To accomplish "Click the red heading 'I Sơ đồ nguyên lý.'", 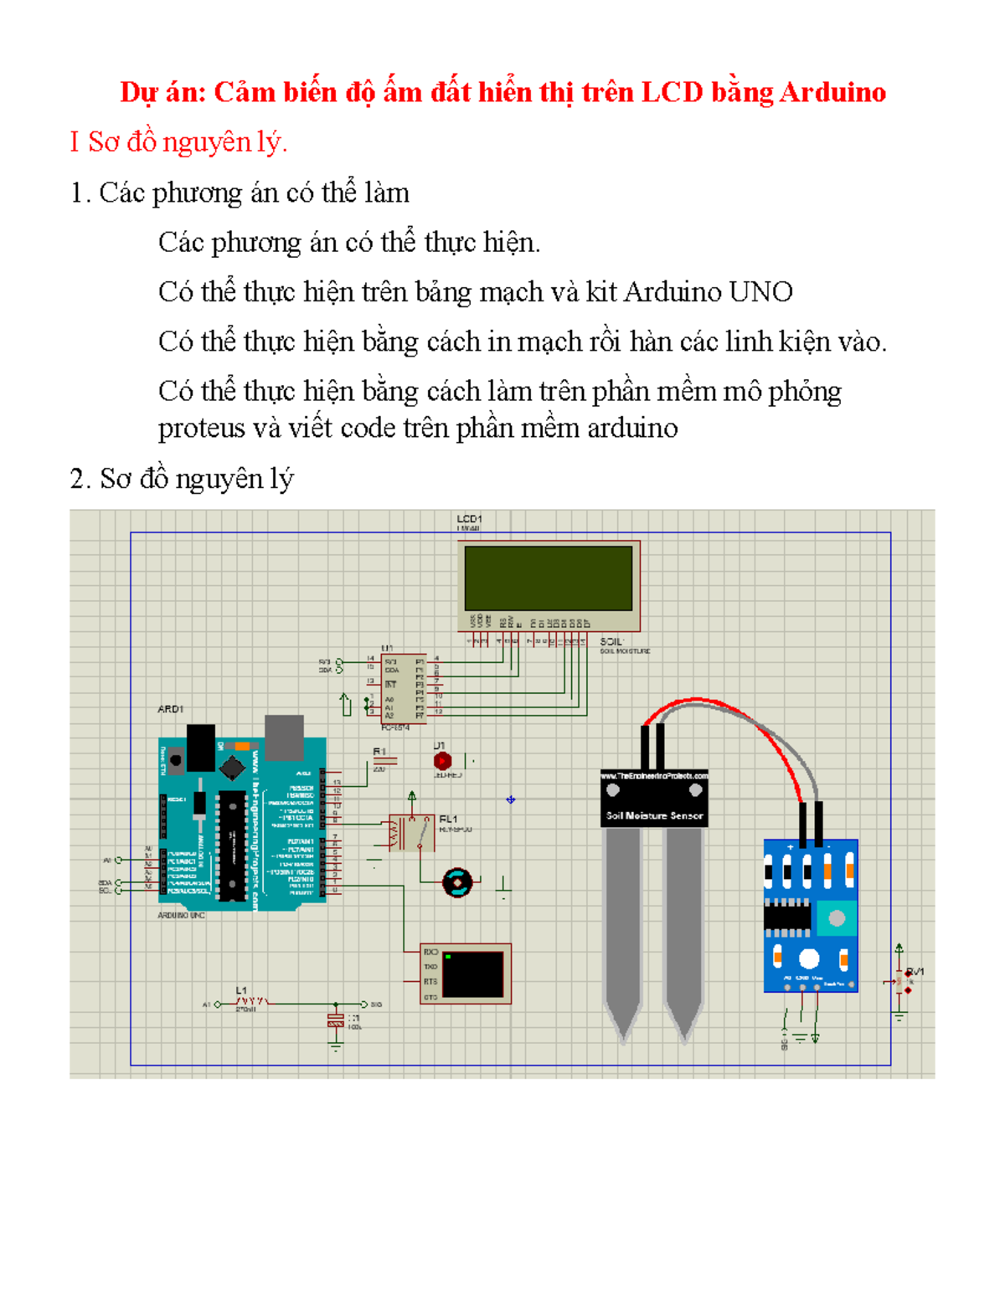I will [178, 142].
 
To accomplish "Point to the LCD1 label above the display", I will [469, 519].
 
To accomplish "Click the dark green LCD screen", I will [549, 578].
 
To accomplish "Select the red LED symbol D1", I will [442, 761].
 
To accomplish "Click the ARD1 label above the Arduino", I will [170, 709].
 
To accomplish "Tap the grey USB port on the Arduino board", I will [284, 737].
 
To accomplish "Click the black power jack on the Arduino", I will [201, 747].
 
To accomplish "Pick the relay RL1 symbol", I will [410, 833].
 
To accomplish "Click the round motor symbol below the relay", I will [457, 881].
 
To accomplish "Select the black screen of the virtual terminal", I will [472, 974].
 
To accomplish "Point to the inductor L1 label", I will [241, 990].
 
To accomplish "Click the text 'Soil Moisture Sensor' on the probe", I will [654, 815].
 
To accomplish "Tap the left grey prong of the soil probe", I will [622, 921].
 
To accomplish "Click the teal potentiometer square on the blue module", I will [836, 917].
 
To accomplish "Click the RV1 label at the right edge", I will [915, 972].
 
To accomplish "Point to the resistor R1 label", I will [379, 752].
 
